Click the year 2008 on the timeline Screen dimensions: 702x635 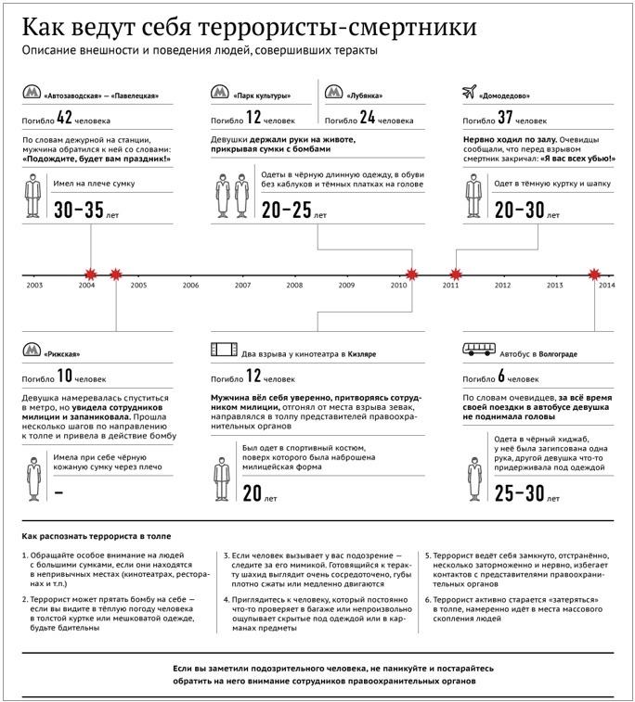click(294, 285)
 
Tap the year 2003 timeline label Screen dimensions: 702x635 click(34, 285)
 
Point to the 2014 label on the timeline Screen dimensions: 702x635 click(607, 285)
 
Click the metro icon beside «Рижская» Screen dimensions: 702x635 click(32, 351)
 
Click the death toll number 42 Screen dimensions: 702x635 click(63, 118)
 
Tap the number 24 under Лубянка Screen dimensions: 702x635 click(366, 118)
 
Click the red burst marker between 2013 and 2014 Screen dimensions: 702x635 click(596, 274)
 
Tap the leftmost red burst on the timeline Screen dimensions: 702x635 click(91, 274)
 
